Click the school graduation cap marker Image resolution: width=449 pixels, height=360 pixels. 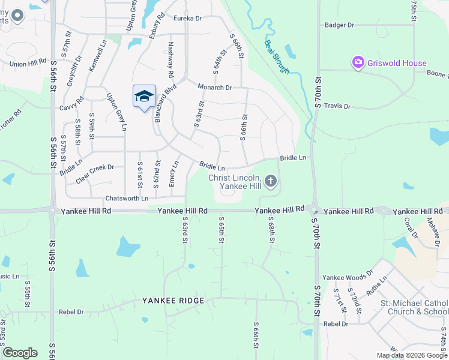tap(144, 97)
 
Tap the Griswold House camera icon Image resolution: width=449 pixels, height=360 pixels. tap(358, 62)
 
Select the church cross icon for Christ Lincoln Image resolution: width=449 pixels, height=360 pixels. tap(271, 181)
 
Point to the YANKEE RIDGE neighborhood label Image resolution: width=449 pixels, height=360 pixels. tap(173, 301)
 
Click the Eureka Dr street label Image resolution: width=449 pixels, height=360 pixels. tap(187, 19)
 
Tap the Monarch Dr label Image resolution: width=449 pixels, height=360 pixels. tap(214, 88)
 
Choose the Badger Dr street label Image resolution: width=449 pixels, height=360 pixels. tap(339, 25)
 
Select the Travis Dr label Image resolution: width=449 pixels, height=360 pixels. tap(337, 106)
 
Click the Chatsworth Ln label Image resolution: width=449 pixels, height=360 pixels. tap(126, 198)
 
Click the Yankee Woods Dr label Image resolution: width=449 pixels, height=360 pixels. tap(343, 278)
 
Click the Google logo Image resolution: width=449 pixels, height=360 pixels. tap(20, 353)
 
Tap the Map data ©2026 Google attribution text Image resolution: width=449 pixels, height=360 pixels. tap(411, 355)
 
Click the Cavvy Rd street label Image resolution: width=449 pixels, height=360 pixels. tap(71, 108)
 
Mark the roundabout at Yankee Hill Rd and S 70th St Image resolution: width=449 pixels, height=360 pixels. tap(314, 211)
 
